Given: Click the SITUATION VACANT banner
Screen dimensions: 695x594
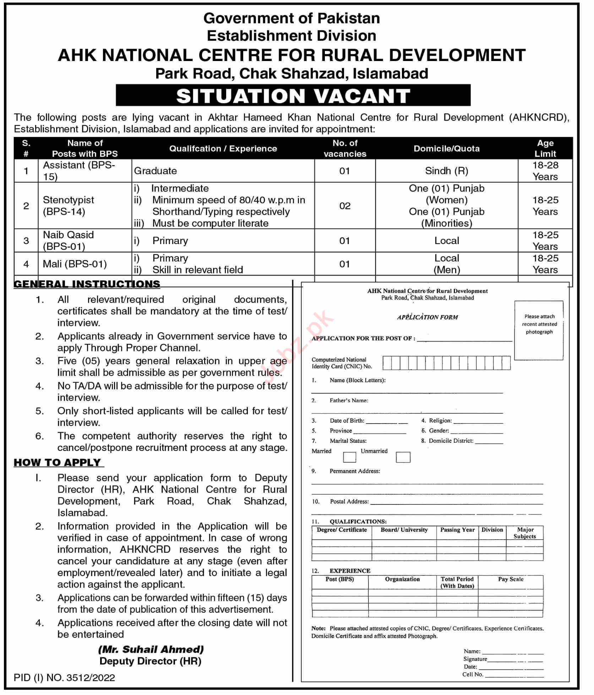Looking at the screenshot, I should point(293,96).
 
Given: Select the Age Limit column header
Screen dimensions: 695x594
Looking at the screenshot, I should point(545,148).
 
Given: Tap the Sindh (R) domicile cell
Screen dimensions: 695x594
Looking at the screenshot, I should point(446,171).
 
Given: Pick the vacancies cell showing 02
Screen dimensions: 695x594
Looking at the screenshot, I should point(345,206).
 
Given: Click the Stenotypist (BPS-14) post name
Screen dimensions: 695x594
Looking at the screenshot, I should point(69,206).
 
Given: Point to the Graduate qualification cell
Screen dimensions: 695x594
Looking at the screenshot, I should point(156,171).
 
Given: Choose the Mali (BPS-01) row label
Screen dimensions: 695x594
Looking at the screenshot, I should point(75,264).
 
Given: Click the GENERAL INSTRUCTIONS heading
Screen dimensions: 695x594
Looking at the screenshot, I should point(87,284).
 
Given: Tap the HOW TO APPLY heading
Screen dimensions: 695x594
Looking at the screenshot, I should point(58,463).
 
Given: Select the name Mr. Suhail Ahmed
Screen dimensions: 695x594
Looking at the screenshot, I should point(151,649).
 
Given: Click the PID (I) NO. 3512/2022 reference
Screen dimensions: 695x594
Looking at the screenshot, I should point(64,678).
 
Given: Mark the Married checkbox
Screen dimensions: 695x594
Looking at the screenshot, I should point(349,457).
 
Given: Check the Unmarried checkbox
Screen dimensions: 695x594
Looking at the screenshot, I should point(403,457).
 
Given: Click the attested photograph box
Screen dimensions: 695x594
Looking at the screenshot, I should point(539,330).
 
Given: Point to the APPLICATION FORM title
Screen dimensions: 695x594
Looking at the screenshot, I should point(427,317).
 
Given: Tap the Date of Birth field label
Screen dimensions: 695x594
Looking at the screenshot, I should point(347,421).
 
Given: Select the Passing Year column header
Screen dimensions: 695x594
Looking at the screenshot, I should point(457,530).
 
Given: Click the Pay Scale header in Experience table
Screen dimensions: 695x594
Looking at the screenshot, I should point(511,579).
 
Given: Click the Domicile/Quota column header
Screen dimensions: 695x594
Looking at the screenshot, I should point(446,148).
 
